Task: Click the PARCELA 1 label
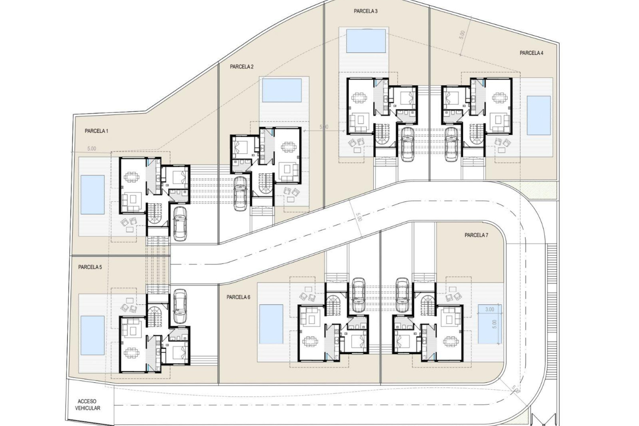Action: pyautogui.click(x=96, y=131)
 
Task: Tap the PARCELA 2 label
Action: pyautogui.click(x=242, y=67)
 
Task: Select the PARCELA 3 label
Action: pyautogui.click(x=365, y=11)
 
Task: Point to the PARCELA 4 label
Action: pyautogui.click(x=532, y=53)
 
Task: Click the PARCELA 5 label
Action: pyautogui.click(x=90, y=267)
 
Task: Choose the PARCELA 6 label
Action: pyautogui.click(x=238, y=297)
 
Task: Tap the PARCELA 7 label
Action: pyautogui.click(x=476, y=235)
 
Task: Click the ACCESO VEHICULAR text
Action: pyautogui.click(x=87, y=405)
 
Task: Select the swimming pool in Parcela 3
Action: pyautogui.click(x=366, y=41)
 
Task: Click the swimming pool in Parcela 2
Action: pyautogui.click(x=282, y=90)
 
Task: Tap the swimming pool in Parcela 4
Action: pyautogui.click(x=538, y=115)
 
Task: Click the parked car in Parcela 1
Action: pyautogui.click(x=180, y=223)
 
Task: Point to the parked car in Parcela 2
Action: pyautogui.click(x=240, y=193)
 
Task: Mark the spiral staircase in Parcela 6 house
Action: pyautogui.click(x=332, y=306)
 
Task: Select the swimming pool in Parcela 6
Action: pyautogui.click(x=271, y=324)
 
